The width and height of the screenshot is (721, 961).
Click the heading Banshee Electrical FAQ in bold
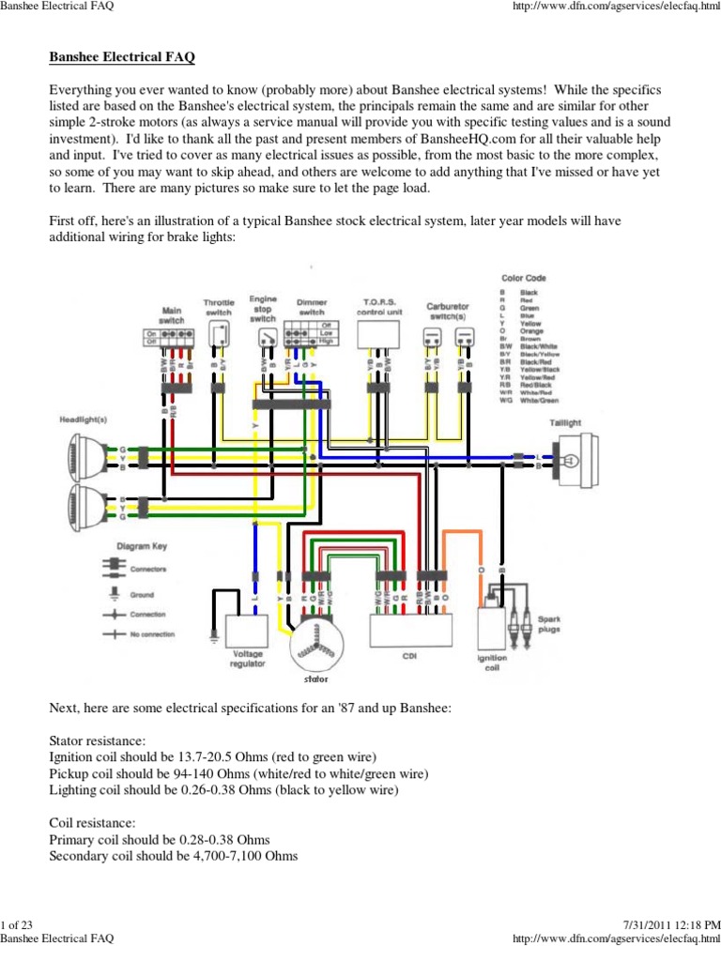pos(122,57)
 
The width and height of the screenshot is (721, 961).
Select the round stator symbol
pos(316,642)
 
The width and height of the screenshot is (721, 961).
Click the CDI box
pos(410,632)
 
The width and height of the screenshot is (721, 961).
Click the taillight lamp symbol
pos(570,459)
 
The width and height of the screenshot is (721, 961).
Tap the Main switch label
pos(172,314)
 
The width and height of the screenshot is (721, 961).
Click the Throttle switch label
pos(219,307)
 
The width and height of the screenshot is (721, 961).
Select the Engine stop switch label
pos(263,308)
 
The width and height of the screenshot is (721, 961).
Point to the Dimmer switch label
pos(312,308)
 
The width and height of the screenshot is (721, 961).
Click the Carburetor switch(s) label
pos(447,312)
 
